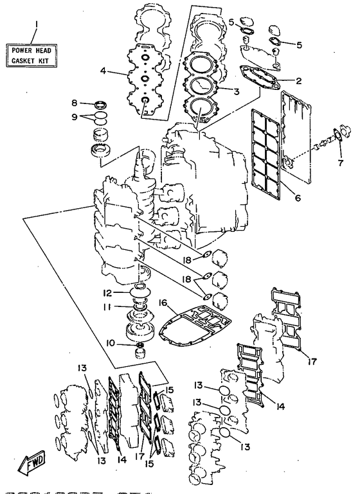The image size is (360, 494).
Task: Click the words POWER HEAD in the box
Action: (32, 50)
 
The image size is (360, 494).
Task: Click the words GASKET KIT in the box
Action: (30, 60)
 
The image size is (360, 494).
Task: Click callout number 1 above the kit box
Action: (37, 24)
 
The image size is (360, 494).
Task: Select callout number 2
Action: (298, 81)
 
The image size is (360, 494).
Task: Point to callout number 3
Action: (236, 92)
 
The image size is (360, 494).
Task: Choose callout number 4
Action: (103, 71)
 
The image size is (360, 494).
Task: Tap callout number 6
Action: (298, 198)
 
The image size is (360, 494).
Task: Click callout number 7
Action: (341, 163)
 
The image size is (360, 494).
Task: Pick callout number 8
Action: (74, 103)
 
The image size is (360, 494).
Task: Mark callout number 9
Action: (74, 117)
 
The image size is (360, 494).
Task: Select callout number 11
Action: (107, 306)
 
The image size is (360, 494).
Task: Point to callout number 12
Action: (107, 293)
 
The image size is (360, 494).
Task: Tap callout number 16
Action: (163, 303)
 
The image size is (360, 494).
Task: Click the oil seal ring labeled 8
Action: (101, 103)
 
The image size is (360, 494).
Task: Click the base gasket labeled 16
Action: (195, 328)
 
